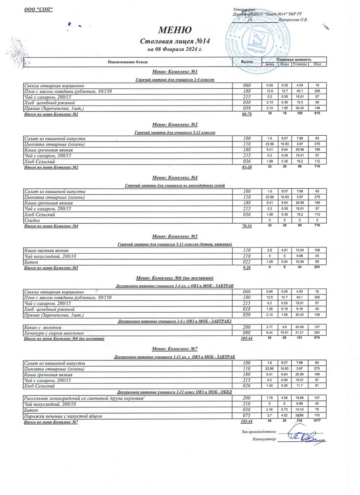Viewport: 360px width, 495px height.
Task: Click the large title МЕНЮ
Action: tap(175, 30)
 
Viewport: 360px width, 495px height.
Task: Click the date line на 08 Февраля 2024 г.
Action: tap(175, 49)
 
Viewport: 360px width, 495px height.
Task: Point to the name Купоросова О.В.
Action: tap(293, 19)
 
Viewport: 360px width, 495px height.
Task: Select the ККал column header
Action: tap(318, 64)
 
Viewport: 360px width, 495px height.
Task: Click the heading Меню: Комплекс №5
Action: tap(175, 236)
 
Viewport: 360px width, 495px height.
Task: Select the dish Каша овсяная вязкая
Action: tap(47, 250)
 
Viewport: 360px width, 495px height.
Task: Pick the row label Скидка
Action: tap(33, 221)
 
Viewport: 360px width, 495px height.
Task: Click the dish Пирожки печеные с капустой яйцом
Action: tap(63, 416)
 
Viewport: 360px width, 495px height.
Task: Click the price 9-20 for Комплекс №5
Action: tap(247, 268)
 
